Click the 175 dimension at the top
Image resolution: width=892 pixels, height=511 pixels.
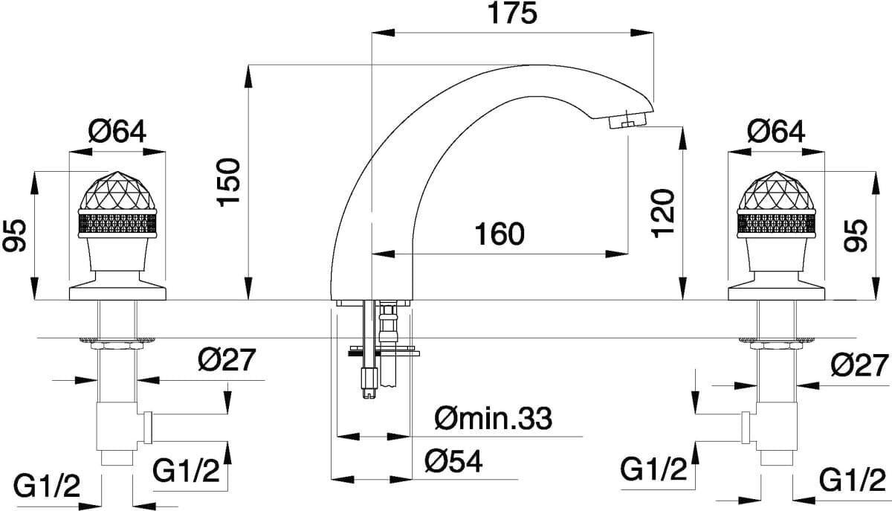tap(512, 13)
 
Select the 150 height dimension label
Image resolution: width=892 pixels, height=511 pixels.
tap(229, 182)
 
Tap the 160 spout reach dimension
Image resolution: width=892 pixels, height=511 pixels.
tap(500, 234)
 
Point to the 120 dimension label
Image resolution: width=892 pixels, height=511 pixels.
tap(663, 213)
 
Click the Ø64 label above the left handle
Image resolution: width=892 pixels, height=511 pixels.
tap(117, 132)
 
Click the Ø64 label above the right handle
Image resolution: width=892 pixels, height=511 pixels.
tap(776, 132)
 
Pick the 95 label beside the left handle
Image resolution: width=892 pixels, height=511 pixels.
tap(14, 235)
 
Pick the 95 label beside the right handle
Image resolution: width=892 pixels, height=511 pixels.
tap(856, 235)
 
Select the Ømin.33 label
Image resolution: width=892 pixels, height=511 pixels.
tap(494, 418)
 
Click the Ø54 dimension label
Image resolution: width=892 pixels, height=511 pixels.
tap(453, 461)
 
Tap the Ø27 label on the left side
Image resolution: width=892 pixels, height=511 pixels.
tap(226, 360)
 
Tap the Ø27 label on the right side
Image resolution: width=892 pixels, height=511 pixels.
tap(860, 365)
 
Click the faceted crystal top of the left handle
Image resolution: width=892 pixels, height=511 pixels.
tap(117, 190)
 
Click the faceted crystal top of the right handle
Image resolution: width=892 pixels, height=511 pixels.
tap(776, 190)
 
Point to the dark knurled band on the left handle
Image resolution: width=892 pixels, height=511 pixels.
tap(117, 224)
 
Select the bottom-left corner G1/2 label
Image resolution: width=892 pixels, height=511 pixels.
tap(47, 486)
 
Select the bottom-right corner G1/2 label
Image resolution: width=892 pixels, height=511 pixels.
tap(853, 481)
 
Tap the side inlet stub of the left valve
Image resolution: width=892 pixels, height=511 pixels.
tap(147, 428)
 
